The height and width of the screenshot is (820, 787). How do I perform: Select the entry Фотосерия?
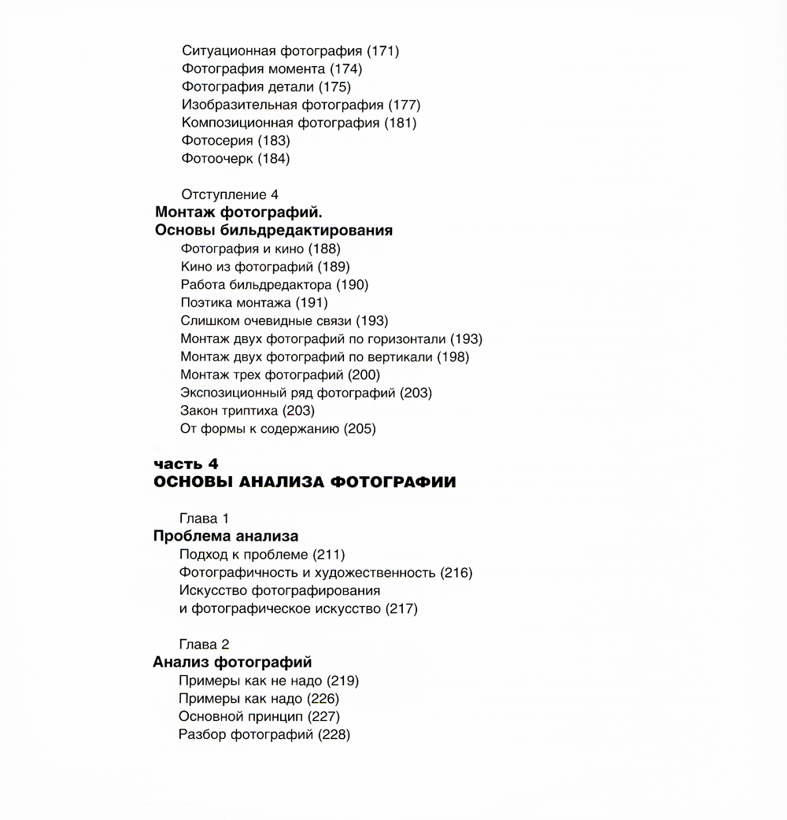click(217, 141)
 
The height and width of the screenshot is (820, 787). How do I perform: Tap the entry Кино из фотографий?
click(246, 267)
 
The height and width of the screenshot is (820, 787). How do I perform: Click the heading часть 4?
click(186, 464)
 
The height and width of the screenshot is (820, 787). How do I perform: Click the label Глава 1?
click(204, 519)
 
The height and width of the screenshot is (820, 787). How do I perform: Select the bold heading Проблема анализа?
click(225, 537)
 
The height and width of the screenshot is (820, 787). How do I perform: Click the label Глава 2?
click(204, 645)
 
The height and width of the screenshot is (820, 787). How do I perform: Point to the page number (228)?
click(334, 735)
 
